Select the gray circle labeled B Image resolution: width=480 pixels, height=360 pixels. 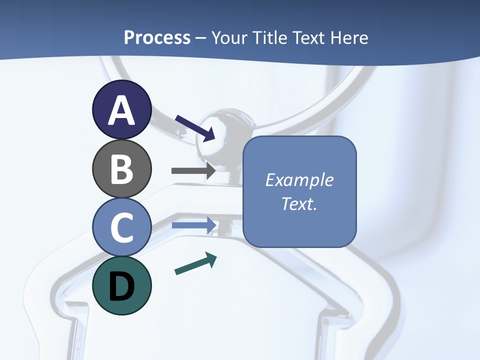(121, 169)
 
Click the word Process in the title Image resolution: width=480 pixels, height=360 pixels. (157, 37)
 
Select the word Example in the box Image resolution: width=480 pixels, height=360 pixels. (299, 180)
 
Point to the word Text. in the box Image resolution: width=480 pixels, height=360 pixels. (299, 204)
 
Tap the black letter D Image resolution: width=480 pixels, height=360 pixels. (121, 287)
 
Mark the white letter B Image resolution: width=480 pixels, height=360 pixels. (121, 169)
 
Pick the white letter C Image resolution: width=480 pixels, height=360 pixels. (121, 227)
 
